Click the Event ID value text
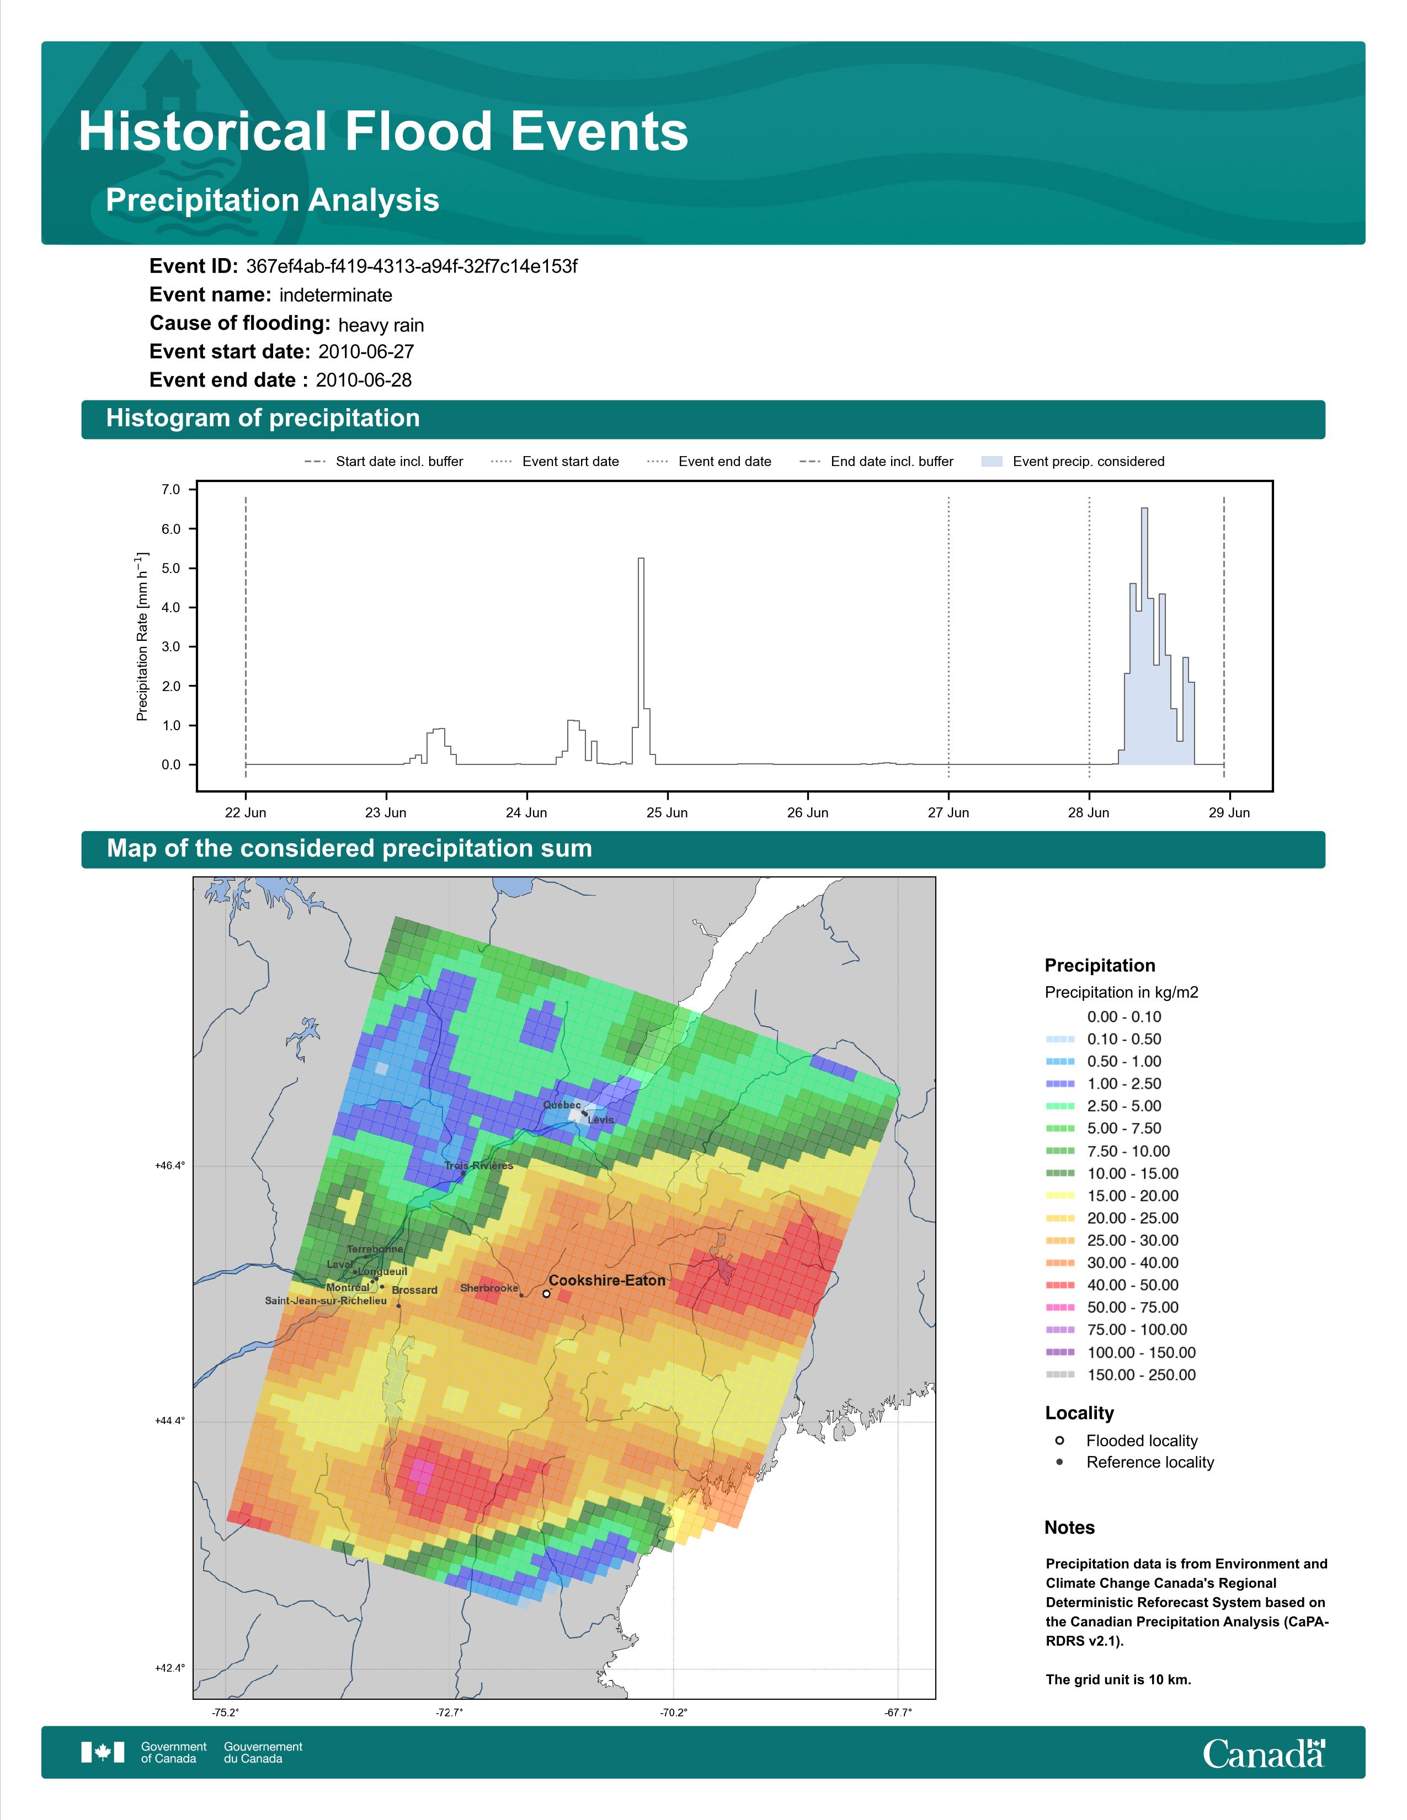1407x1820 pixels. [412, 267]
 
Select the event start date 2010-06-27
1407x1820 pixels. [366, 352]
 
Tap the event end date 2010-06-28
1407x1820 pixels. [364, 380]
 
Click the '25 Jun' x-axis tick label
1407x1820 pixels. [667, 812]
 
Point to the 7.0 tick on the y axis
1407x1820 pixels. [171, 489]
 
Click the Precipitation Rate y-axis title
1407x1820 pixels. [142, 636]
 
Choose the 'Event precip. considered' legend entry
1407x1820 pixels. [1074, 462]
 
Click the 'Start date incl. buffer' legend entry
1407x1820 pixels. [384, 462]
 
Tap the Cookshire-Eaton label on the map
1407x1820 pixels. [607, 1281]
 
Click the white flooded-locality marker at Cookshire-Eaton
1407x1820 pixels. [546, 1294]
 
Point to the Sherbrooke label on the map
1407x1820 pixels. [489, 1288]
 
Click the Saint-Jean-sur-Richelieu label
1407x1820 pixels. [326, 1301]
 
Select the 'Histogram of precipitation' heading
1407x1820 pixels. [263, 419]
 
